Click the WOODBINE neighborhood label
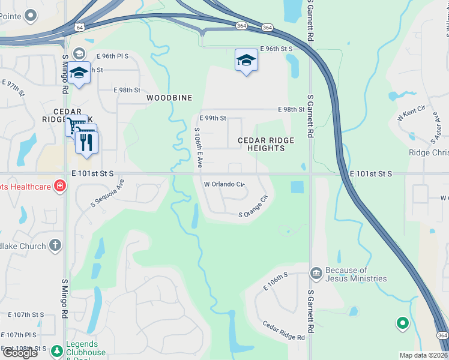170,97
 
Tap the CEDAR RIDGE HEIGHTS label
266,144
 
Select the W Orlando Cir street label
224,184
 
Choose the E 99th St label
212,118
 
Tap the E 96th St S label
276,49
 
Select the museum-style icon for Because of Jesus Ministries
316,274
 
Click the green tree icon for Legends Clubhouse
56,350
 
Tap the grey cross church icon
55,245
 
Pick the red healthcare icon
60,186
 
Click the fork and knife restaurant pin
86,142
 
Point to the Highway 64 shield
79,26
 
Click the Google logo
20,353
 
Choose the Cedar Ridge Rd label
283,331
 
